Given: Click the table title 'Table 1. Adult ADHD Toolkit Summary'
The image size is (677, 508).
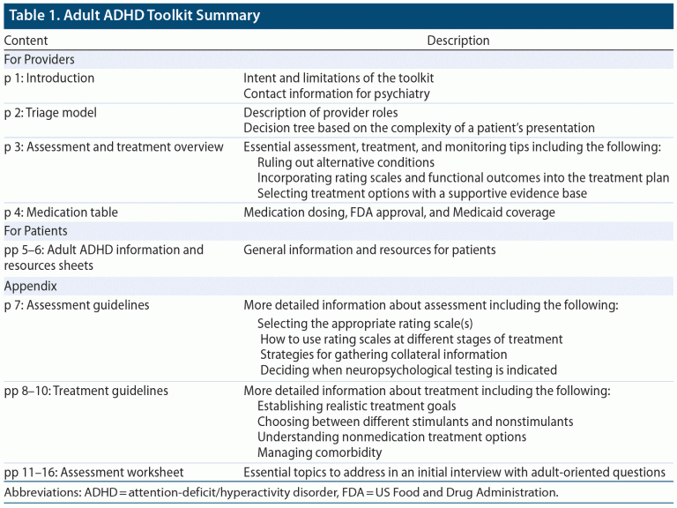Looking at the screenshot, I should (x=135, y=16).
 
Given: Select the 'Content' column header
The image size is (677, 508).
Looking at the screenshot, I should (x=26, y=41).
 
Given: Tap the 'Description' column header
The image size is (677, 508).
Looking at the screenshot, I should (x=458, y=41).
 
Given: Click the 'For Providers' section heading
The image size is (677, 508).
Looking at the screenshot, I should (x=40, y=60).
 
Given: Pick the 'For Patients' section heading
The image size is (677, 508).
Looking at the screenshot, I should (x=37, y=231).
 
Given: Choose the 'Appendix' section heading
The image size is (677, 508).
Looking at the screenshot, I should (x=31, y=287).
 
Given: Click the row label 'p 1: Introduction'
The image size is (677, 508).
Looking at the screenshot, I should (x=49, y=78).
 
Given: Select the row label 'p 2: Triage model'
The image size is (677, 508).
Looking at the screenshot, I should (x=50, y=113).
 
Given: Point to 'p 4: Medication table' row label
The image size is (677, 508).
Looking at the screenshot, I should (x=61, y=213).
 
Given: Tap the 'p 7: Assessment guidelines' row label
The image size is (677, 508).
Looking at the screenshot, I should (x=77, y=305).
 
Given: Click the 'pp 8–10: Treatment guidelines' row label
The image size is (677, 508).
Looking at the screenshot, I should (x=86, y=391).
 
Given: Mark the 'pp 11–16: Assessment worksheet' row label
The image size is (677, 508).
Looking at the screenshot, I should (x=94, y=473).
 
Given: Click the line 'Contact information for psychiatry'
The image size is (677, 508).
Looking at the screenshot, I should (x=337, y=93).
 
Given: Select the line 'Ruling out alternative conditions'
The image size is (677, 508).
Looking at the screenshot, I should (x=346, y=162).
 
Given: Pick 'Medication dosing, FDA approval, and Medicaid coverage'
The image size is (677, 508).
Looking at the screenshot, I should (x=399, y=213).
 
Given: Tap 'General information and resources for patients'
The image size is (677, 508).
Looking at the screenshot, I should (x=369, y=250).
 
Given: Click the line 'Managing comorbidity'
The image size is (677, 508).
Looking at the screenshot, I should (x=320, y=452).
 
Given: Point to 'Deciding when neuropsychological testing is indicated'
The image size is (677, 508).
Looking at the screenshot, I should (x=408, y=370).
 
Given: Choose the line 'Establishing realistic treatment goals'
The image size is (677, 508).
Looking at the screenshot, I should (x=356, y=407).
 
